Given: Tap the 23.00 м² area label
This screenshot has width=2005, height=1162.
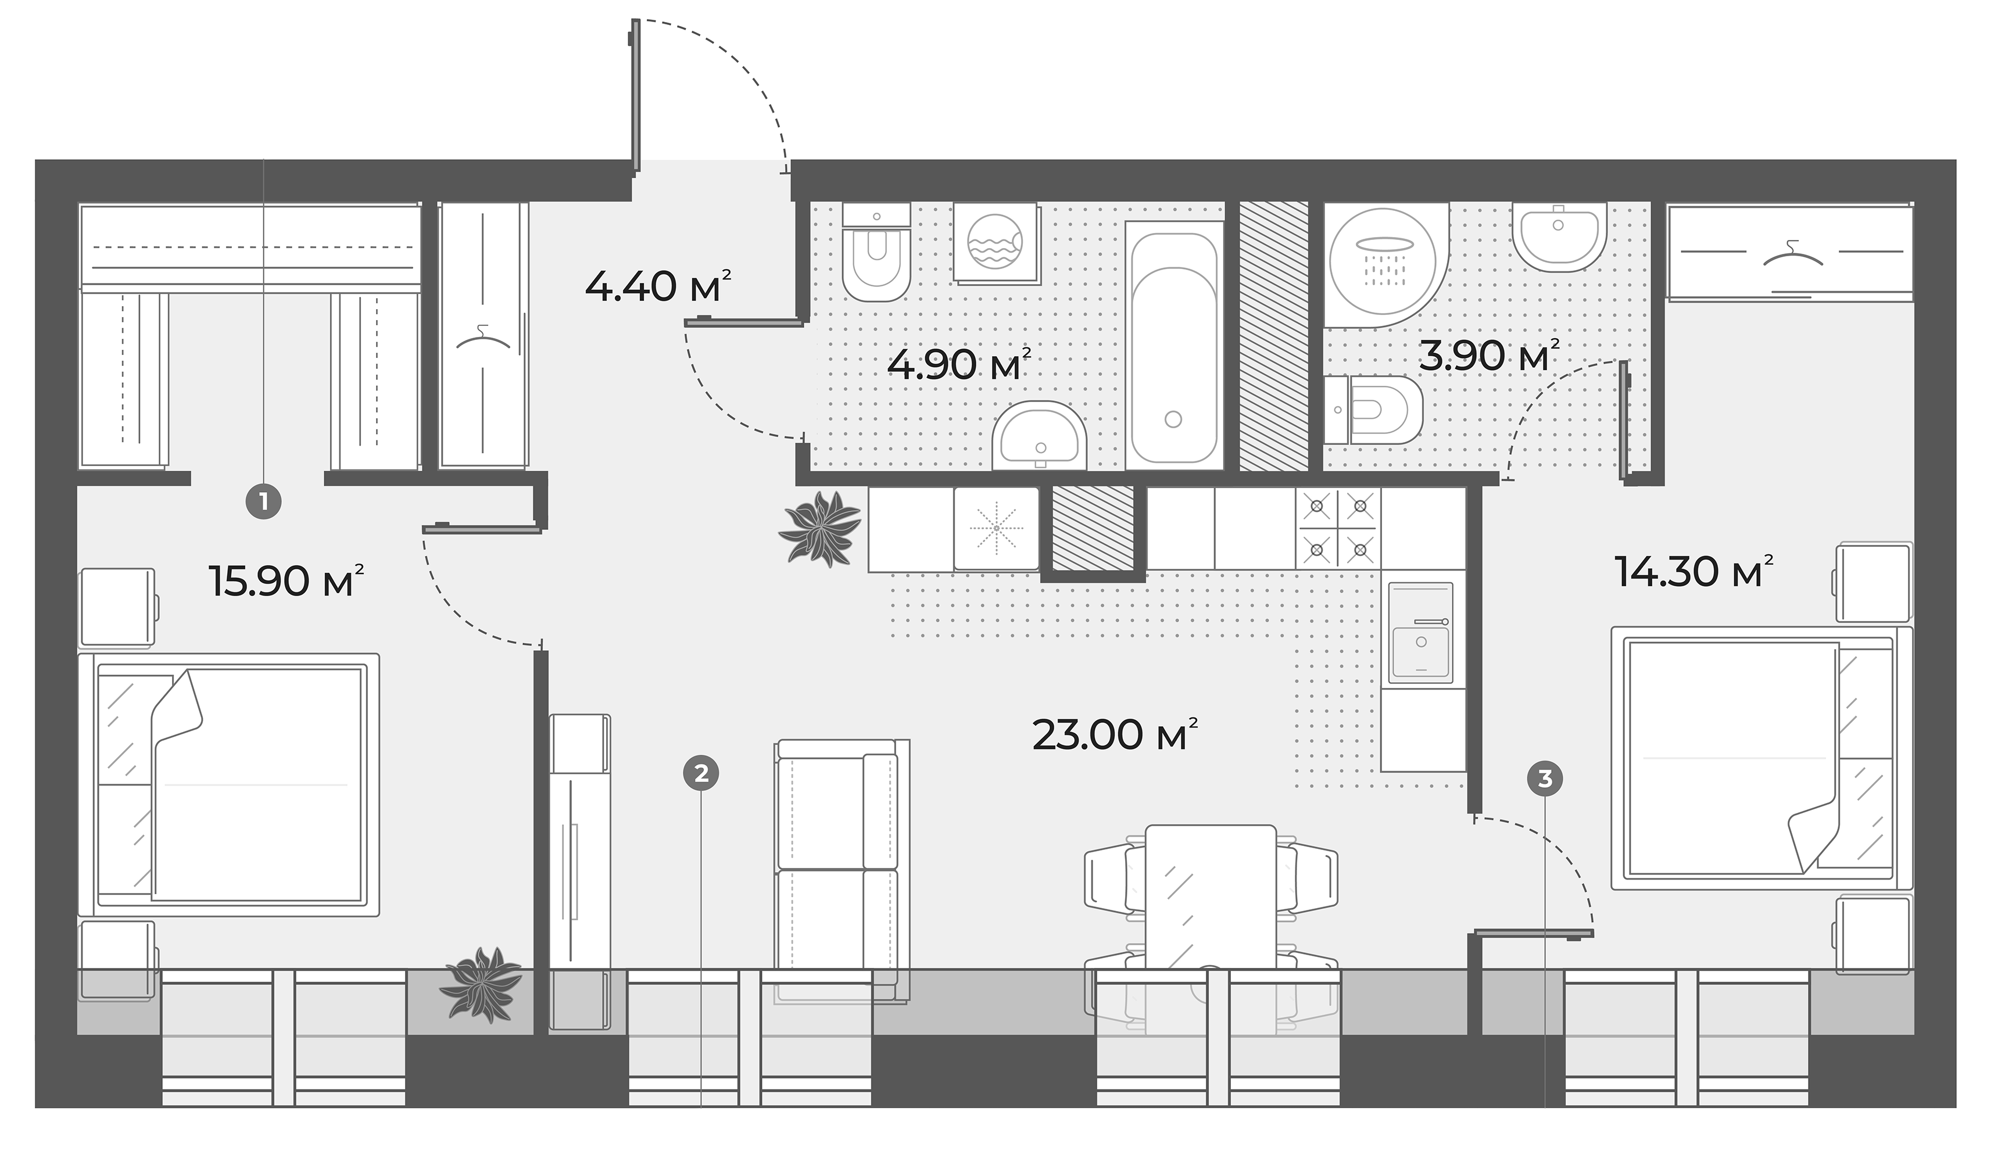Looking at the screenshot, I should [1114, 734].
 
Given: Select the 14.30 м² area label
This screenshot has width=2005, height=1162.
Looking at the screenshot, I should [1693, 571].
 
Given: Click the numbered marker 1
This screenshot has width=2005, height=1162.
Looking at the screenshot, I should [264, 502].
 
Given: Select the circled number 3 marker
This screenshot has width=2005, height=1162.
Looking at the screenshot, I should [1545, 778].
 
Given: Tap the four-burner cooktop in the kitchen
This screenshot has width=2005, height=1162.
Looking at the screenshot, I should [1338, 528].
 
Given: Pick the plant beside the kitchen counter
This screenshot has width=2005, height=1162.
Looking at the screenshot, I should [820, 528].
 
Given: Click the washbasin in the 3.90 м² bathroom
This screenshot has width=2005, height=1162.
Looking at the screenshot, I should [1558, 236].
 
